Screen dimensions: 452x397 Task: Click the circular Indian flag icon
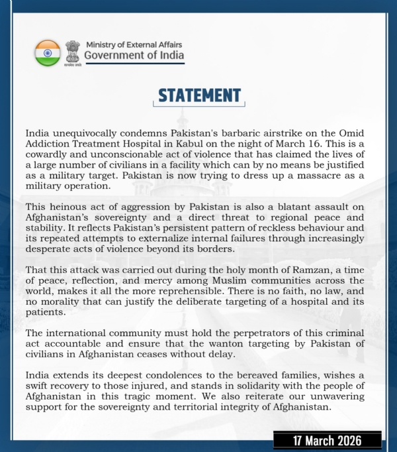pyautogui.click(x=48, y=52)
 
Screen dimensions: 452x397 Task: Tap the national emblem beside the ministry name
pyautogui.click(x=72, y=52)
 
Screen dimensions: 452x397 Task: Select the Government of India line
pyautogui.click(x=135, y=56)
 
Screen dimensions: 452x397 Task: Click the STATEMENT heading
pyautogui.click(x=199, y=95)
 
